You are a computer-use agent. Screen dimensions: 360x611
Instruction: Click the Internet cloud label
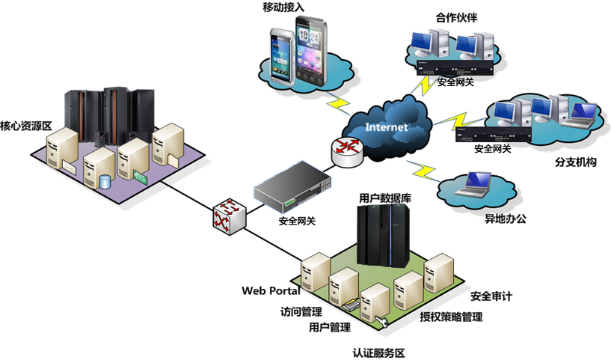pos(386,126)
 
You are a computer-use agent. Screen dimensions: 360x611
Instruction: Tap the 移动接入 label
pos(283,8)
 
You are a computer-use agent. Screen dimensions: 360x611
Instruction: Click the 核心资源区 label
pos(25,125)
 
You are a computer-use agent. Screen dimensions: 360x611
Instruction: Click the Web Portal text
pos(271,290)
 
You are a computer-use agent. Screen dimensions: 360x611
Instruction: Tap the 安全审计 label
pos(491,296)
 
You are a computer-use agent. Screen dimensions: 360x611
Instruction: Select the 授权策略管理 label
pos(451,317)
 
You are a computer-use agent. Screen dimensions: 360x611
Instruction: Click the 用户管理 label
pos(330,327)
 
